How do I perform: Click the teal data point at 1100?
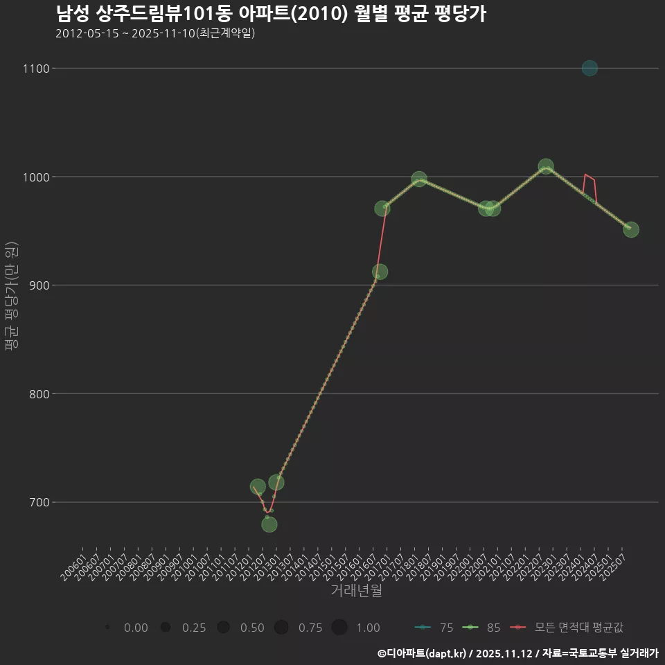[589, 68]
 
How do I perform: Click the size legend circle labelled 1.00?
[339, 628]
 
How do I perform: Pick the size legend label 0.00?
[136, 628]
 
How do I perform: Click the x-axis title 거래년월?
[357, 591]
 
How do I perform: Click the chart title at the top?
[270, 14]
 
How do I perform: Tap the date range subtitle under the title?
[155, 33]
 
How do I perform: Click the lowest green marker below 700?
[269, 524]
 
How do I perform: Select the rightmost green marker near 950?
[631, 229]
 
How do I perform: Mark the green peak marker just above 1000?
[546, 166]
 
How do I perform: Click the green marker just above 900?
[380, 272]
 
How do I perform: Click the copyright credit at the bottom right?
[517, 653]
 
